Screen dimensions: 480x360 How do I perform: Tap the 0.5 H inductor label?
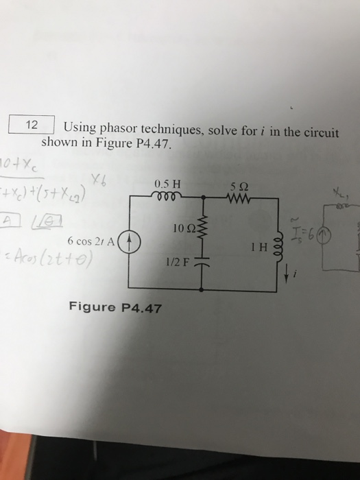[x=167, y=183]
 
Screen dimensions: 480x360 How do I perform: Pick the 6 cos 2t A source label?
[x=93, y=241]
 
